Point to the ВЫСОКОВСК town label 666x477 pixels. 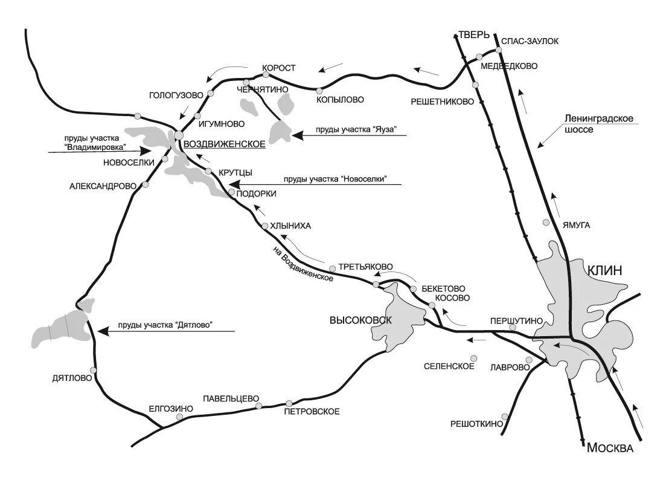click(x=360, y=320)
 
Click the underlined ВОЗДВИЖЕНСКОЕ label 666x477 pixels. click(x=224, y=144)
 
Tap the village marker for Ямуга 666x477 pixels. click(x=546, y=222)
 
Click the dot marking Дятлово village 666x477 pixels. click(x=93, y=370)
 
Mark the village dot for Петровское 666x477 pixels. click(x=289, y=403)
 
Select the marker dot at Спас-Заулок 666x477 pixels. click(x=499, y=50)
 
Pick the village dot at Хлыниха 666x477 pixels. click(x=265, y=226)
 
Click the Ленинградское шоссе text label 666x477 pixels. click(x=598, y=124)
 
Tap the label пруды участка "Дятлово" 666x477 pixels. click(x=167, y=325)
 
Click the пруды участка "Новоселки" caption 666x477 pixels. click(x=334, y=179)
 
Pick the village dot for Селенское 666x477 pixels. click(x=475, y=358)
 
